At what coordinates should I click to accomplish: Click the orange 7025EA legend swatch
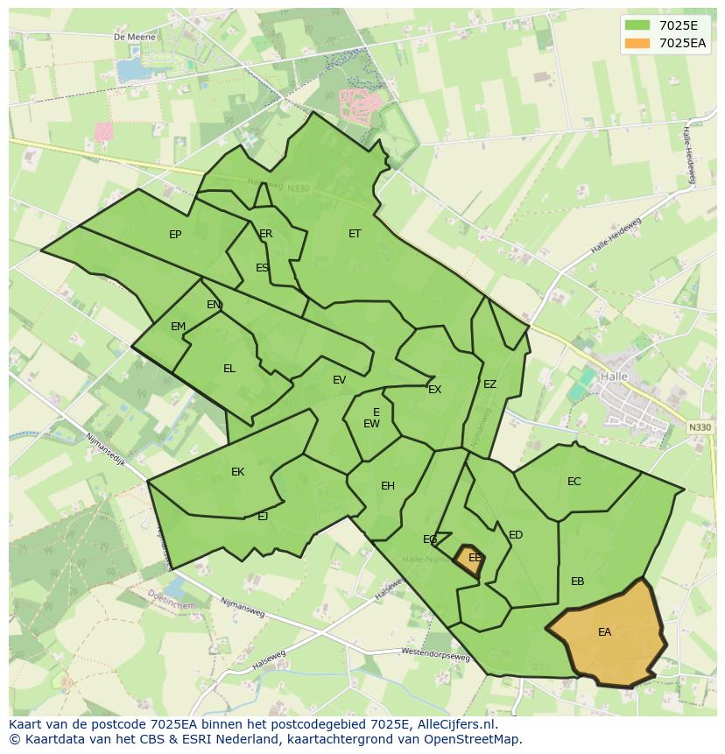click(x=637, y=42)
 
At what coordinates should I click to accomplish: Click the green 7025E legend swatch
click(x=637, y=25)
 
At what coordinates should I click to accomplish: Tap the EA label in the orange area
click(x=604, y=631)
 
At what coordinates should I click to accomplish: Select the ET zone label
click(x=355, y=234)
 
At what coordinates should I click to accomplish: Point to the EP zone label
click(x=175, y=235)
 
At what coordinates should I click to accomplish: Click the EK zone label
click(x=237, y=472)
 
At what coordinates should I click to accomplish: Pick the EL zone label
click(x=229, y=369)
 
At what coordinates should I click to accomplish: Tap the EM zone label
click(x=179, y=327)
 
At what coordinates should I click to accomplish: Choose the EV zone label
click(x=339, y=380)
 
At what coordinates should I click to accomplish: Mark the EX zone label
click(x=434, y=390)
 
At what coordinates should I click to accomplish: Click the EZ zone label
click(x=489, y=384)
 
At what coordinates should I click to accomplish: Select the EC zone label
click(x=574, y=482)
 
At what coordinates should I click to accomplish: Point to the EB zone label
click(x=577, y=581)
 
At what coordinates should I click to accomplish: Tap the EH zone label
click(x=388, y=486)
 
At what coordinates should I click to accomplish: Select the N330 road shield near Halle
click(x=700, y=426)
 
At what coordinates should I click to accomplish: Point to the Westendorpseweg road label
click(x=435, y=654)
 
